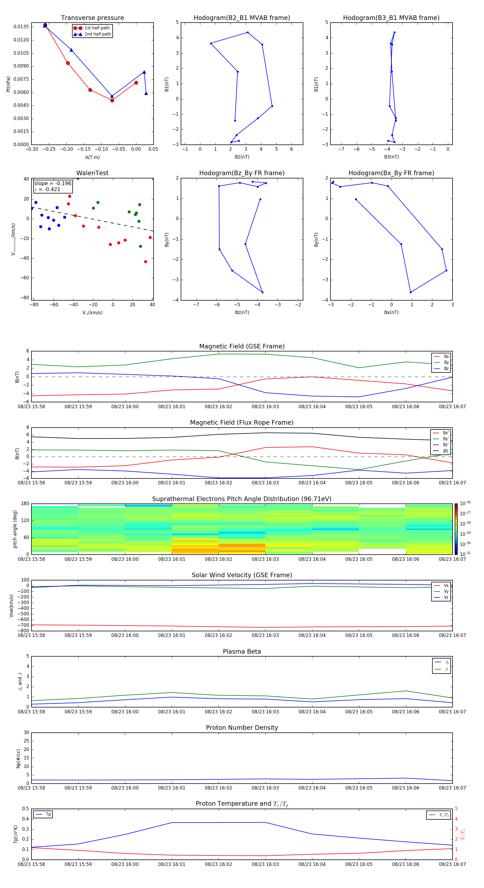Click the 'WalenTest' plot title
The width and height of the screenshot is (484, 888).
coord(92,173)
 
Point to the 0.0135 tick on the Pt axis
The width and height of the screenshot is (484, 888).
coord(21,27)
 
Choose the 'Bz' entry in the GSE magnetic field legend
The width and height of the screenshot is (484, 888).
coord(446,368)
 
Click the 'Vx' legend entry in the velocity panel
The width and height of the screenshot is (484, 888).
coord(446,585)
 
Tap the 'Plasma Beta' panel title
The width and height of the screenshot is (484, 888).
coord(241,651)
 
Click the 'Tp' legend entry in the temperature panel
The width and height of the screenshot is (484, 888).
coord(48,814)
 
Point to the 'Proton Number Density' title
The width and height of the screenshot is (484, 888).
coord(241,728)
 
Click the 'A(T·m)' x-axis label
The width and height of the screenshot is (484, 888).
coord(92,157)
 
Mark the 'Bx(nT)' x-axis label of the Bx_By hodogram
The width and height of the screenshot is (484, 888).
coord(391,312)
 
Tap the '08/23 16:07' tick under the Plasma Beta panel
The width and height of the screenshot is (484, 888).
coord(452,712)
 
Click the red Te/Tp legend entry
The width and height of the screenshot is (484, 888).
coord(443,815)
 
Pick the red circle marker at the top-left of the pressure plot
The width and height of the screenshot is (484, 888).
coord(45,25)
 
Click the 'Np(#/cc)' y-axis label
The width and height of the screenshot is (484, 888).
coord(18,758)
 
